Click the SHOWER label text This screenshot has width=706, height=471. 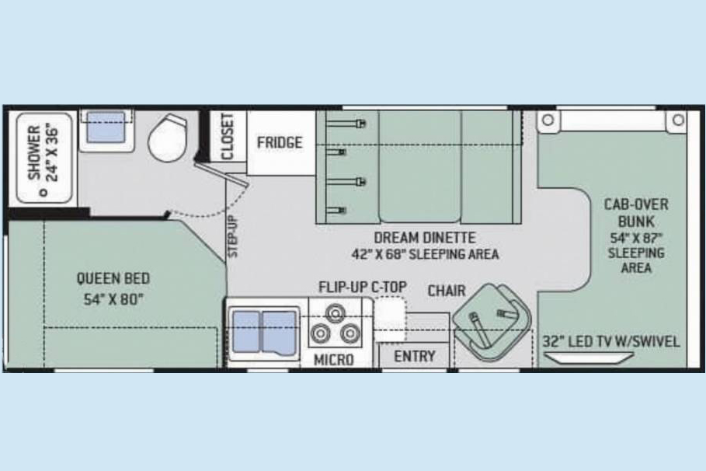pos(34,152)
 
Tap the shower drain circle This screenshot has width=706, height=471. pos(43,193)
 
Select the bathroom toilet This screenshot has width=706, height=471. pos(168,138)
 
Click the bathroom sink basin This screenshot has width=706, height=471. pos(106,127)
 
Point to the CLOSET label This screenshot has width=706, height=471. pos(228,137)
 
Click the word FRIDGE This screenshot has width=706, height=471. pos(280,142)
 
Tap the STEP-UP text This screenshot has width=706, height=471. pos(233,236)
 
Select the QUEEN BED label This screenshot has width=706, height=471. pos(113,278)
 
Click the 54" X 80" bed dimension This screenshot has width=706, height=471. pos(113,299)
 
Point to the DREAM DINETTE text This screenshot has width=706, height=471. pos(425,238)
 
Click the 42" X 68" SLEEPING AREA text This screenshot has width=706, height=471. pos(425,254)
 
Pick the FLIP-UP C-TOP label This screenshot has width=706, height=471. pos(363,287)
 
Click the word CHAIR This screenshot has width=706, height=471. pos(447,291)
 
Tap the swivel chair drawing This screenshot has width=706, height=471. pos(492,322)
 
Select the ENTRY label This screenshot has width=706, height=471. pos(414,357)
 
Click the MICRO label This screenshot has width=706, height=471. pos(334,360)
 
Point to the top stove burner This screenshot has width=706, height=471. pos(336,312)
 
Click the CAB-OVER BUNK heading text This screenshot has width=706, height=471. pos(636,213)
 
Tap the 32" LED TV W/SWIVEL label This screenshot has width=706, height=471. pos(611,342)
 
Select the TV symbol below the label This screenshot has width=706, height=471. pos(589,358)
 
